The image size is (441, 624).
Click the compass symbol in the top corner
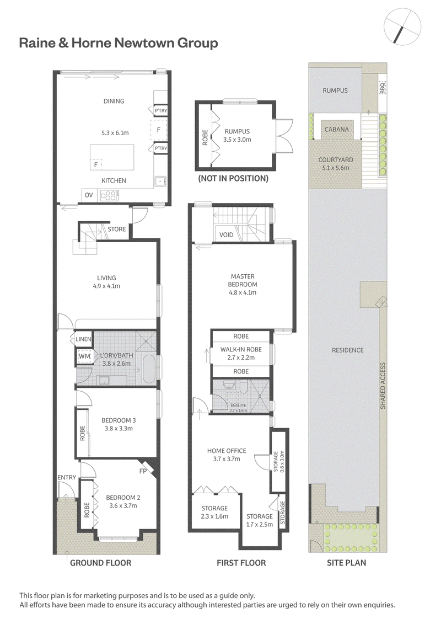[x=403, y=26]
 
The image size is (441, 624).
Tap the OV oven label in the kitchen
[x=89, y=195]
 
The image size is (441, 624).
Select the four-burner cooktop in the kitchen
[x=109, y=195]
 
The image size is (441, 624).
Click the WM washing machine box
[x=85, y=356]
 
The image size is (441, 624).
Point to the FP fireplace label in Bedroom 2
[x=143, y=471]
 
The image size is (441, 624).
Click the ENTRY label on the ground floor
[x=67, y=477]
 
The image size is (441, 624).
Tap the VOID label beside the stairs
[x=226, y=235]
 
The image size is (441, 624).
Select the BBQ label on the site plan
[x=383, y=88]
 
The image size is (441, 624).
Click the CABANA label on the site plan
[x=336, y=129]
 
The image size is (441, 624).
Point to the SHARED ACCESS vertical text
[x=383, y=385]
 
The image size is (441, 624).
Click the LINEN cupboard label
[x=83, y=339]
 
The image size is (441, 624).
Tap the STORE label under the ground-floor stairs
[x=116, y=229]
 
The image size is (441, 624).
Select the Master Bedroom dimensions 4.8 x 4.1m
[x=243, y=292]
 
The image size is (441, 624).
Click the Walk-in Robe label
[x=241, y=349]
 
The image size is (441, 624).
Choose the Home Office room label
[x=227, y=451]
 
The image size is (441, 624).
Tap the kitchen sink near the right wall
[x=160, y=182]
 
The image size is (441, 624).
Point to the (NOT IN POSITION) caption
[x=233, y=179]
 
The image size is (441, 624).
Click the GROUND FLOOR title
[x=101, y=563]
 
